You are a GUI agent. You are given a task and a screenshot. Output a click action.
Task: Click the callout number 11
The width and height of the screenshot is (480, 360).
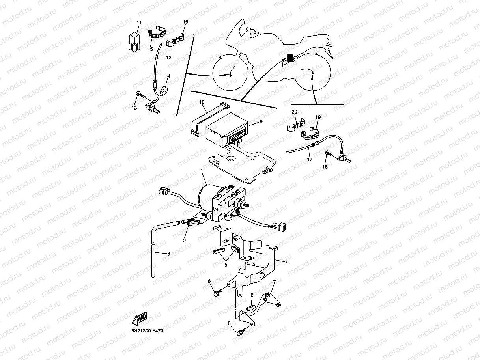pyautogui.click(x=139, y=22)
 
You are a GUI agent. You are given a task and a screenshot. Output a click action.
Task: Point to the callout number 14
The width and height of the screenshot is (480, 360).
pyautogui.click(x=167, y=76)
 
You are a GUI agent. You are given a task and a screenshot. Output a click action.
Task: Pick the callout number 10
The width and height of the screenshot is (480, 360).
pyautogui.click(x=202, y=102)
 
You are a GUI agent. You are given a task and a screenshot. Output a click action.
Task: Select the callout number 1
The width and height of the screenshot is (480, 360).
pyautogui.click(x=202, y=170)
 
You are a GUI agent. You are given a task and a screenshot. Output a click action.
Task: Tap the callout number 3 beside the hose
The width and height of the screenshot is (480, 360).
pyautogui.click(x=168, y=254)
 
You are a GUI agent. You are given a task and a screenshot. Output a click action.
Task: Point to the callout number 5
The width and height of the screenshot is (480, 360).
pyautogui.click(x=226, y=265)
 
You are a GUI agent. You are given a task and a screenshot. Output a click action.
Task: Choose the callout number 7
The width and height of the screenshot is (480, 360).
pyautogui.click(x=275, y=282)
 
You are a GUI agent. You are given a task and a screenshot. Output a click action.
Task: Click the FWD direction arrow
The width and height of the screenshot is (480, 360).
pyautogui.click(x=140, y=318)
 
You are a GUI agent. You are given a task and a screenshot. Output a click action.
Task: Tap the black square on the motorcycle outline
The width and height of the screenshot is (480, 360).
pyautogui.click(x=290, y=57)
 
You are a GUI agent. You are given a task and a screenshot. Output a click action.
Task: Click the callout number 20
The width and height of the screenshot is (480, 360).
pyautogui.click(x=294, y=112)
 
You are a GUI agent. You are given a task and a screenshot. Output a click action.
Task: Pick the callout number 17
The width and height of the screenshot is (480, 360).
pyautogui.click(x=310, y=160)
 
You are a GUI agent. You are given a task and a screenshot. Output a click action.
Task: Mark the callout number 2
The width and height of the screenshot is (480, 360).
pyautogui.click(x=184, y=240)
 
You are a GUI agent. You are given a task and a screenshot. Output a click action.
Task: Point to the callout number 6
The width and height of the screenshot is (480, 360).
pyautogui.click(x=252, y=295)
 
